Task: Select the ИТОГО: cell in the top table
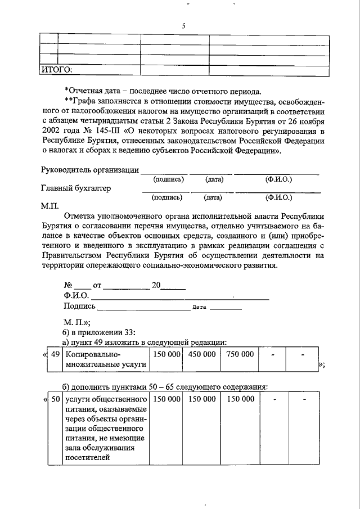(57, 70)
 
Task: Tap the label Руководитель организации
(89, 170)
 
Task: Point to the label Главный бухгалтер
(76, 188)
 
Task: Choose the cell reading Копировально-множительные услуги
(105, 360)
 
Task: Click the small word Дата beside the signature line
(200, 308)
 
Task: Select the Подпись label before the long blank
(80, 307)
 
